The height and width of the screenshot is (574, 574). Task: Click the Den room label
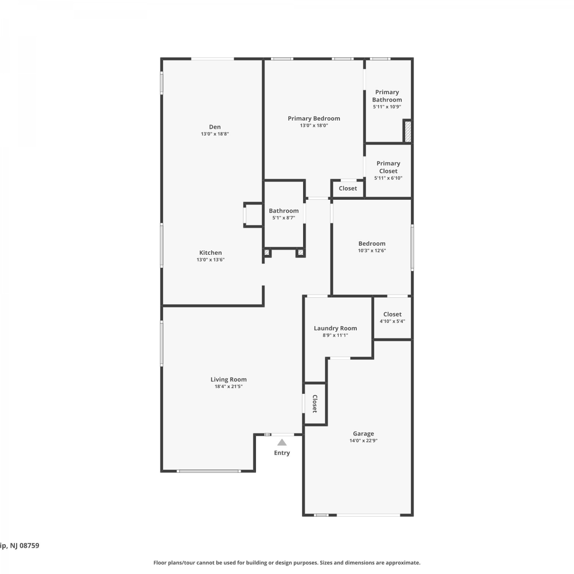point(215,127)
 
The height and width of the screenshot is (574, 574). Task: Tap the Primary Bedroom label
point(314,119)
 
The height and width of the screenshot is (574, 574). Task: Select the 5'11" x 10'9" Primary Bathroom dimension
point(387,107)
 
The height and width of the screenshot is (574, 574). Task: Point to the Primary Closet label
point(388,167)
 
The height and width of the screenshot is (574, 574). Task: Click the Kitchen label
point(210,253)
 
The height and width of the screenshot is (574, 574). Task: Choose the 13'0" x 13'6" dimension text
point(210,260)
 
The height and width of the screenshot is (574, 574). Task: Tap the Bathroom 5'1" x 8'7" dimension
point(284,218)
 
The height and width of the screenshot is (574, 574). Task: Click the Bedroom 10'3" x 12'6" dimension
point(372,251)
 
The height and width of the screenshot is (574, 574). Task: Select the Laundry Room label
point(335,328)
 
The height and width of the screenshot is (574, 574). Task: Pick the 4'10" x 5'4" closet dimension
point(392,321)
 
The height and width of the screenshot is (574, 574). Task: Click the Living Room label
point(228,380)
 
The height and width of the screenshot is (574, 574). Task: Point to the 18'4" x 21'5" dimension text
point(228,386)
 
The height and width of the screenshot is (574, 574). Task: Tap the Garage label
point(363,434)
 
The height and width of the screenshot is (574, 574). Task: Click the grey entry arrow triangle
point(282,442)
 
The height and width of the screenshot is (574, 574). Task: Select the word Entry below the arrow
point(282,453)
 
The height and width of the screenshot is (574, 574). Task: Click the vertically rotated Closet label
point(315,404)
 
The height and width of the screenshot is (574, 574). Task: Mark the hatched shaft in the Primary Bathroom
point(408,131)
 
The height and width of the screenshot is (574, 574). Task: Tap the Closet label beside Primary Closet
point(348,188)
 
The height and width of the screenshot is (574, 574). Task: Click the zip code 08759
point(29,546)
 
